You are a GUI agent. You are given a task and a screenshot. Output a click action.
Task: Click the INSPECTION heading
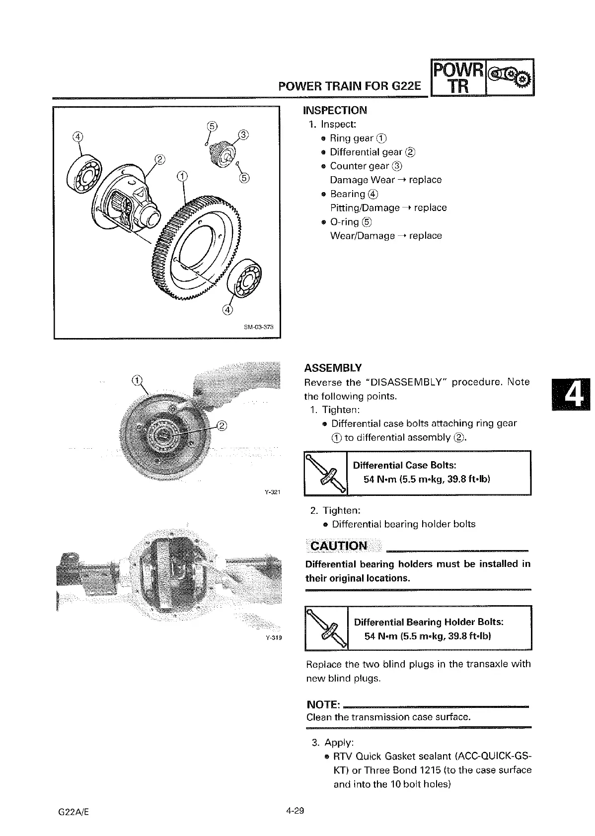[x=335, y=110]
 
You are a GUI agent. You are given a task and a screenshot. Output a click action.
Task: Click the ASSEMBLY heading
[x=333, y=368]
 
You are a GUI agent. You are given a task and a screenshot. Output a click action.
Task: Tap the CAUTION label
[x=339, y=546]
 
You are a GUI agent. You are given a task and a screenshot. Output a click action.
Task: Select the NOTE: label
[x=323, y=705]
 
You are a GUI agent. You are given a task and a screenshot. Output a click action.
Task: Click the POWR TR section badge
[x=458, y=78]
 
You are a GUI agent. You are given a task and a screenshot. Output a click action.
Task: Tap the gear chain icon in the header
[x=510, y=78]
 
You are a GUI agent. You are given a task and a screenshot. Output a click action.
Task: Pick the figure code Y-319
[x=273, y=638]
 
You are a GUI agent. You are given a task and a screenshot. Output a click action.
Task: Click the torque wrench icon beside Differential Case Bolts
[x=326, y=473]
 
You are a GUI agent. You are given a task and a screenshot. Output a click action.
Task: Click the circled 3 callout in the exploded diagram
[x=243, y=135]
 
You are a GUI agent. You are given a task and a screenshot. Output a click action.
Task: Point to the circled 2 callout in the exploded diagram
[x=160, y=159]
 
